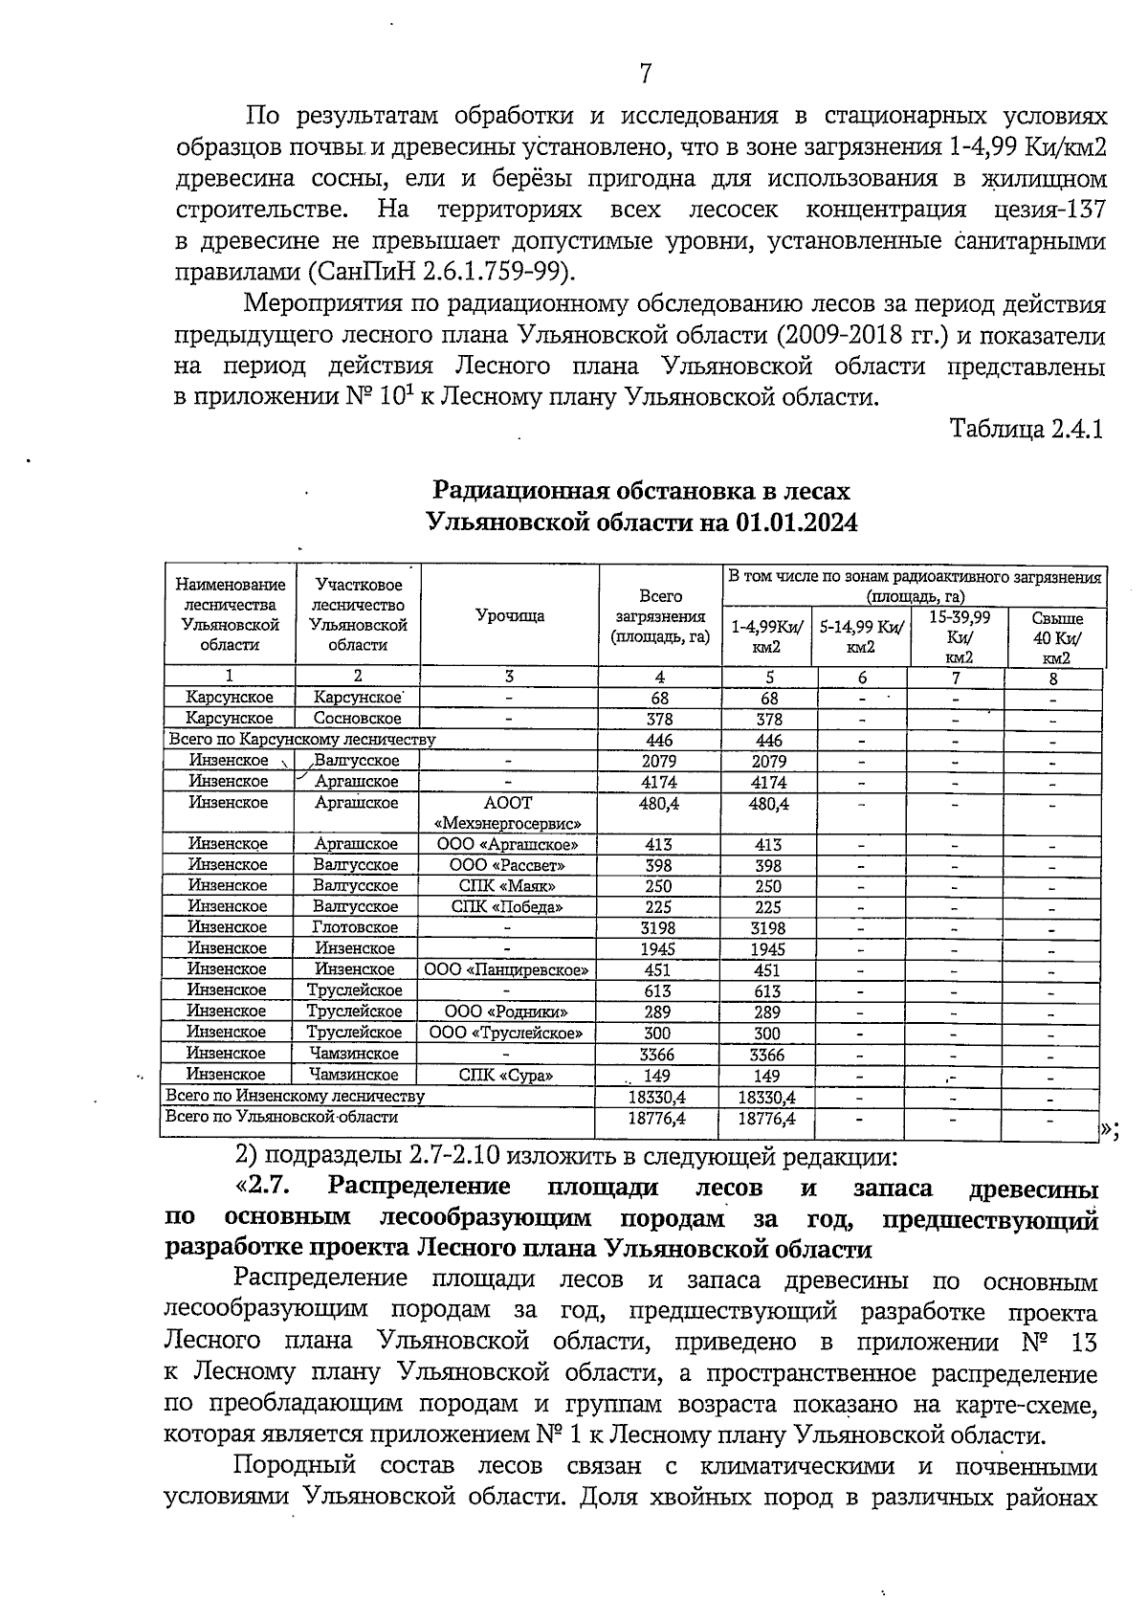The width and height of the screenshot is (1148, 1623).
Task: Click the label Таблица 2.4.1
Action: click(1027, 429)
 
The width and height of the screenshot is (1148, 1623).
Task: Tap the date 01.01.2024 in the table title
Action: click(797, 522)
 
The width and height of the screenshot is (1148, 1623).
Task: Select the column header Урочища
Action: click(510, 616)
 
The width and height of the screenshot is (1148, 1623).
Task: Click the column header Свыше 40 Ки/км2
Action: click(1056, 637)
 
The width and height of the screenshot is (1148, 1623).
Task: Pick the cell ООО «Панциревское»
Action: click(507, 969)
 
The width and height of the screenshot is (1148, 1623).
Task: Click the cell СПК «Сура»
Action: click(506, 1075)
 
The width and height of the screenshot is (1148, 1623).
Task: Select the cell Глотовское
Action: click(355, 927)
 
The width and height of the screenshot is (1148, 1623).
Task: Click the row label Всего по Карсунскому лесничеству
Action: click(301, 739)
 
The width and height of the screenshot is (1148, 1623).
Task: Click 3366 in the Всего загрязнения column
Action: click(657, 1055)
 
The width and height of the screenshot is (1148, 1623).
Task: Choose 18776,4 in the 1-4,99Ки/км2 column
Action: click(767, 1119)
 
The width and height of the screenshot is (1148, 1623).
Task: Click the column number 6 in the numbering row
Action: click(861, 678)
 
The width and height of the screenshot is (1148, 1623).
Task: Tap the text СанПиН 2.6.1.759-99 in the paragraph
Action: click(438, 272)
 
